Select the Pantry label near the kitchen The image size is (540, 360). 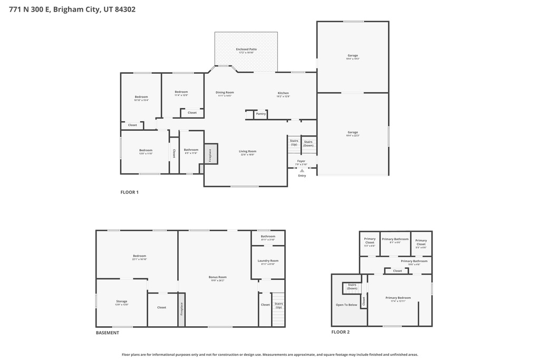tap(261, 113)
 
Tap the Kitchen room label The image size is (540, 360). tap(283, 93)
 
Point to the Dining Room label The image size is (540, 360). tap(225, 93)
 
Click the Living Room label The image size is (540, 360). tap(247, 152)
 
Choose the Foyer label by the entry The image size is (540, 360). tap(301, 161)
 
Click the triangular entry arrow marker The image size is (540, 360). tap(302, 171)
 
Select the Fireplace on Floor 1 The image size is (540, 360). tap(210, 154)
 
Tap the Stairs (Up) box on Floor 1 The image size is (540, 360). tap(294, 143)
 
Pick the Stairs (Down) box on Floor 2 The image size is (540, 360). tap(352, 288)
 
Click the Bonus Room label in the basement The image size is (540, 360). tap(217, 277)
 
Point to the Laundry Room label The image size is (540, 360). tap(268, 261)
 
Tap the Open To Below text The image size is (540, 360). tap(346, 305)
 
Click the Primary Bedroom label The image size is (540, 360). tap(401, 298)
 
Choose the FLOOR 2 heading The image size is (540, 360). tap(340, 332)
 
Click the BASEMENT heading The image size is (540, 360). tap(107, 333)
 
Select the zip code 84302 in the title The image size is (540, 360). tap(124, 9)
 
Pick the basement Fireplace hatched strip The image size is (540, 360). tap(181, 309)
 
